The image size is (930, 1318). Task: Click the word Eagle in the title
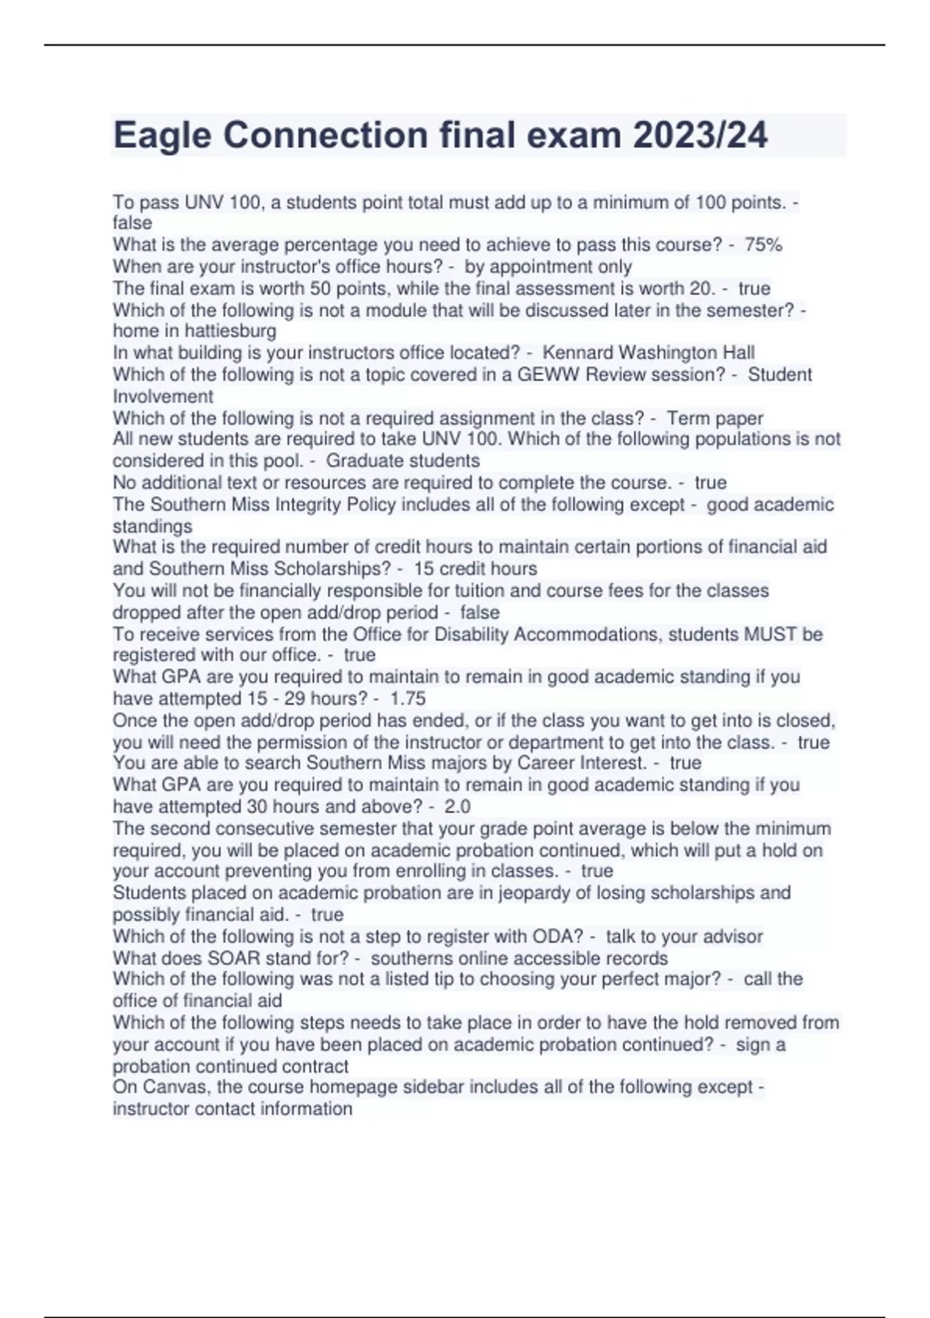click(162, 136)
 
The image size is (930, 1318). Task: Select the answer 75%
click(763, 245)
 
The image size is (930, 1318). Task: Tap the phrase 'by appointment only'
click(548, 267)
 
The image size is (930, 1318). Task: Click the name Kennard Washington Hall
click(648, 353)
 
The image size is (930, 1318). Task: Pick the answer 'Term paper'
click(715, 418)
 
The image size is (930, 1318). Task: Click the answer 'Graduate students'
click(402, 461)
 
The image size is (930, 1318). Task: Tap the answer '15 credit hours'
click(475, 568)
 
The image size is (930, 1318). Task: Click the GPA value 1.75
click(408, 699)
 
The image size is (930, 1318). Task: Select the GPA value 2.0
click(457, 806)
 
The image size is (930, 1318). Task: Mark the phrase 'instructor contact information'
click(232, 1109)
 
